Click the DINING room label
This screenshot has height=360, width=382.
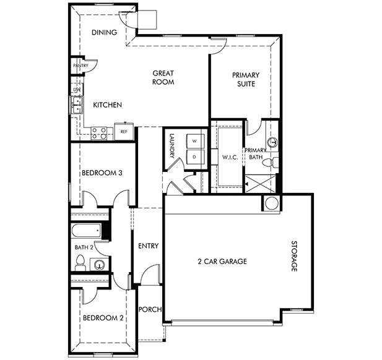pyautogui.click(x=104, y=32)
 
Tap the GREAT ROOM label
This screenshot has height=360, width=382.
pyautogui.click(x=163, y=77)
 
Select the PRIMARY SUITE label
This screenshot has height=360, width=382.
pyautogui.click(x=246, y=79)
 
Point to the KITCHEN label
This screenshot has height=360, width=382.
pyautogui.click(x=107, y=105)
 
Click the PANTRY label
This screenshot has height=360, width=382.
pyautogui.click(x=80, y=66)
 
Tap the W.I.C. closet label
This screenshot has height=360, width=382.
pyautogui.click(x=230, y=158)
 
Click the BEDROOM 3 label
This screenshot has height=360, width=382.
pyautogui.click(x=101, y=173)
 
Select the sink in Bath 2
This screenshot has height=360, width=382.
pyautogui.click(x=100, y=265)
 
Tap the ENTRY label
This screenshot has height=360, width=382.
pyautogui.click(x=148, y=246)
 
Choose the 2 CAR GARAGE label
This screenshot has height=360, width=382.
pyautogui.click(x=222, y=261)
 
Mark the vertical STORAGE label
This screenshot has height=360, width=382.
pyautogui.click(x=295, y=256)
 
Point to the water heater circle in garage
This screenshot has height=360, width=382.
pyautogui.click(x=271, y=204)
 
